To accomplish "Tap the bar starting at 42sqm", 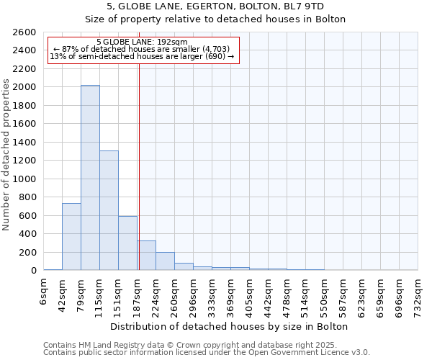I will tap(71, 237).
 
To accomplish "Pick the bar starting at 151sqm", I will tap(127, 243).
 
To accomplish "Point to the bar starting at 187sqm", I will tap(147, 256).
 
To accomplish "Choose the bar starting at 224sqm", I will tap(165, 261).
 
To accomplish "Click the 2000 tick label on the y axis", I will tap(26, 87).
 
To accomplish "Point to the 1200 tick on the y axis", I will tap(26, 161).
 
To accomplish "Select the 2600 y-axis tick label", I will tap(26, 32).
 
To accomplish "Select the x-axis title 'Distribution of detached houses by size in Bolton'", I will tap(230, 326).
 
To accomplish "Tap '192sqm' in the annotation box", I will tap(173, 42).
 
